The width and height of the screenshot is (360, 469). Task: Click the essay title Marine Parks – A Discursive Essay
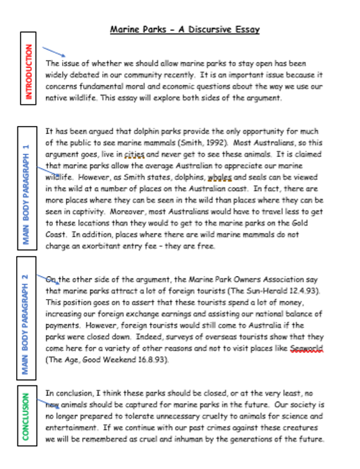pos(184,29)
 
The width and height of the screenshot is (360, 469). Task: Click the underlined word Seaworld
pos(307,348)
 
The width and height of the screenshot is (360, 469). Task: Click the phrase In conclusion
pos(68,393)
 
